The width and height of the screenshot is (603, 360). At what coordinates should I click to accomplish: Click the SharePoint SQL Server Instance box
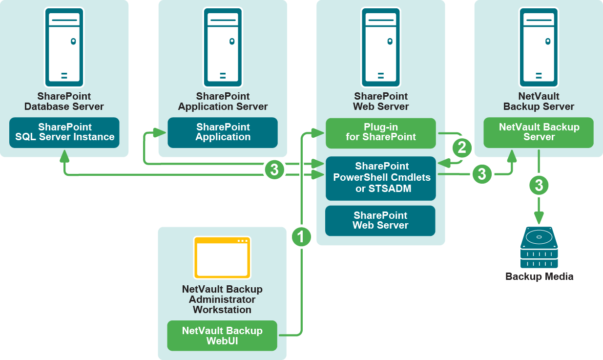point(64,132)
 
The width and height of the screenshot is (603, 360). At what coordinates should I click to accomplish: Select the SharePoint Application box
point(223,132)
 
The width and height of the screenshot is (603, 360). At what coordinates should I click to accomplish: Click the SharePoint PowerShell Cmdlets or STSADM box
point(381,178)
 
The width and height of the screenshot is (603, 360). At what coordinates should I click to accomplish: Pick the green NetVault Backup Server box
point(539,132)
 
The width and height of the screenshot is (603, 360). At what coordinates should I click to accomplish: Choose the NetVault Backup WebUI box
point(222,336)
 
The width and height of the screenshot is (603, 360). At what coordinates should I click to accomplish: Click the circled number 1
point(301,237)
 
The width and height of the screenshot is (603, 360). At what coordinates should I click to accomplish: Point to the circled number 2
point(462,147)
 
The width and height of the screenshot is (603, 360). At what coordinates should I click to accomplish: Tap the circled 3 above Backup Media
point(539,185)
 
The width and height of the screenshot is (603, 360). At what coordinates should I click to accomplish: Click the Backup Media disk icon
point(539,247)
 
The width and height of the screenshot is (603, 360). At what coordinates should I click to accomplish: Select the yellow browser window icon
point(222,257)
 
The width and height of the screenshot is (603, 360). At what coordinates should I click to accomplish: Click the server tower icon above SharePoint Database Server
point(64,47)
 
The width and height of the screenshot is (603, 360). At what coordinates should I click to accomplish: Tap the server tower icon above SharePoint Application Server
point(223,47)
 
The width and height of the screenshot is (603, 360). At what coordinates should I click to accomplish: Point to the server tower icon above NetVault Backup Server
point(539,47)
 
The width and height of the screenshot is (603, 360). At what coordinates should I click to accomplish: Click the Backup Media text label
point(539,276)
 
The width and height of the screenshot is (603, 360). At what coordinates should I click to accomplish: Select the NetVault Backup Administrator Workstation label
point(222,299)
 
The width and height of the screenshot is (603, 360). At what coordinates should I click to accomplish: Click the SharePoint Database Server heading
point(64,102)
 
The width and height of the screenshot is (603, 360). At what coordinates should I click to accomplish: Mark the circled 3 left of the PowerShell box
point(274,169)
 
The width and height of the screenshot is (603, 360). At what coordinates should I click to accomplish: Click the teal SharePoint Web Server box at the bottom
point(380,220)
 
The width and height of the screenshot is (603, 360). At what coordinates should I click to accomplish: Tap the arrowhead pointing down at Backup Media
point(539,218)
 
